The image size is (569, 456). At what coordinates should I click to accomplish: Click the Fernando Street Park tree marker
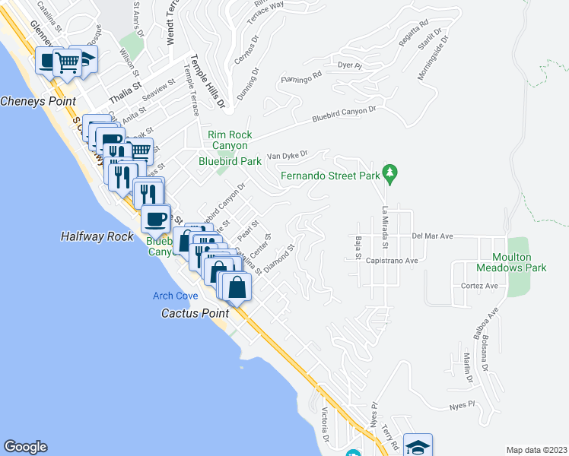tap(390, 174)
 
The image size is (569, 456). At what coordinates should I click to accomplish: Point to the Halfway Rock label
tap(97, 236)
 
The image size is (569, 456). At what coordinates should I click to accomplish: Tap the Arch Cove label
tap(175, 296)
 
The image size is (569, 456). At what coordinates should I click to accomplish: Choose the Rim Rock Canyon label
tap(229, 140)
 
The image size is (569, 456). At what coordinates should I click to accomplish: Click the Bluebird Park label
tap(230, 161)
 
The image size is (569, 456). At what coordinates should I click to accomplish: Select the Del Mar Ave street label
tap(433, 236)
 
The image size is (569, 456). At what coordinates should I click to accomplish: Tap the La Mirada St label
tap(385, 227)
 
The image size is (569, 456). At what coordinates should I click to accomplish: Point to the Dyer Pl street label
tap(351, 65)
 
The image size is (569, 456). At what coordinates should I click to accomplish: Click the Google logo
tap(25, 447)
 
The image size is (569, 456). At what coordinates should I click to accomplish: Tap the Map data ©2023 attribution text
tap(536, 450)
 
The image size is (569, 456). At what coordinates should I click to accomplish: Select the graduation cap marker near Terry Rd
tap(418, 445)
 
